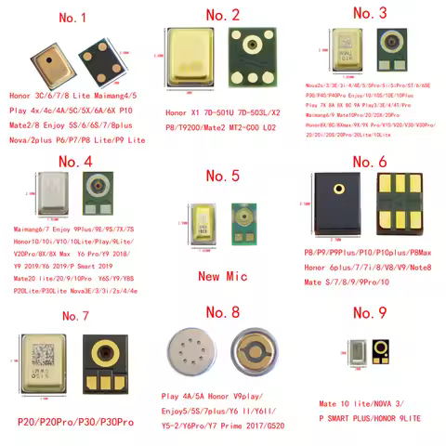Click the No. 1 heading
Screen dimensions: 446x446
click(x=73, y=18)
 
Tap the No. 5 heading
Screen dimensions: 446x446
click(x=223, y=175)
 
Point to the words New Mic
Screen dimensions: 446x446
click(x=223, y=275)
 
